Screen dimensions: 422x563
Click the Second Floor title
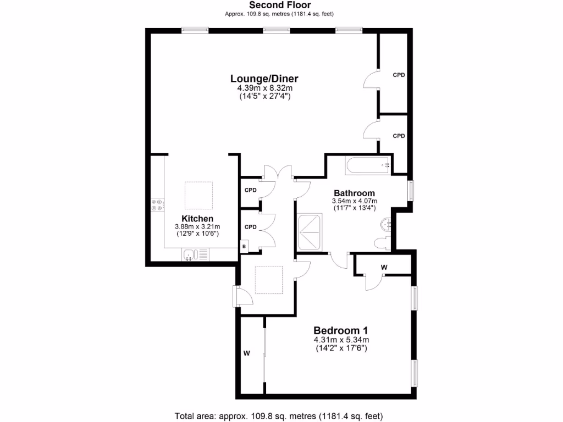click(279, 5)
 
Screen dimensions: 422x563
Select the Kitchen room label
click(197, 219)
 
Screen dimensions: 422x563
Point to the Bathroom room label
click(355, 193)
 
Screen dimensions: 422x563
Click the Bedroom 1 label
click(340, 331)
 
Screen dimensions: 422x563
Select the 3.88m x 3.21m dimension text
click(197, 226)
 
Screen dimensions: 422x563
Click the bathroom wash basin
click(387, 224)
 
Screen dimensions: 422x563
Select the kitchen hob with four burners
click(157, 204)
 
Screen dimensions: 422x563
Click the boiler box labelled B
click(244, 247)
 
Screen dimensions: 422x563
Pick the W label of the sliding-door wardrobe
click(247, 353)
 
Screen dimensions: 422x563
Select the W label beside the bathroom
click(384, 267)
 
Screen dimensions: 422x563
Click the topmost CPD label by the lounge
click(398, 75)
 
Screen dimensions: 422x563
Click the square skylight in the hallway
click(269, 280)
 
